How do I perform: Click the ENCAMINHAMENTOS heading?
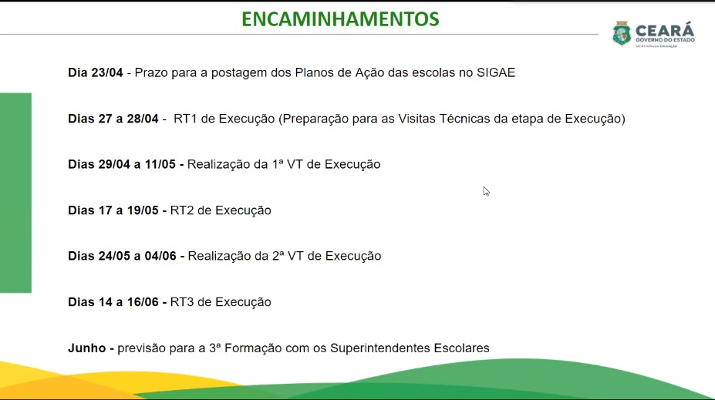[x=340, y=19]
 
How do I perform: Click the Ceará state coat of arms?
[x=622, y=33]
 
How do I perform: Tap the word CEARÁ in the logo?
[x=665, y=30]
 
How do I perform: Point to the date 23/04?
[x=107, y=72]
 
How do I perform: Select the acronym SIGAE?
[x=496, y=72]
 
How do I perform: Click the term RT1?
[x=185, y=119]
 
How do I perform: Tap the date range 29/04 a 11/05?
[x=137, y=164]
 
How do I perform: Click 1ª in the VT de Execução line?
[x=278, y=164]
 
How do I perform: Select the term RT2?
[x=182, y=210]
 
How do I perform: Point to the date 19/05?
[x=143, y=210]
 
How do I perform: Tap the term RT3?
[x=182, y=301]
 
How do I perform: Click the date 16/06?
[x=143, y=301]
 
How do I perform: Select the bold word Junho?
[x=86, y=348]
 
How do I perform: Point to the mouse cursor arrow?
[x=486, y=191]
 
